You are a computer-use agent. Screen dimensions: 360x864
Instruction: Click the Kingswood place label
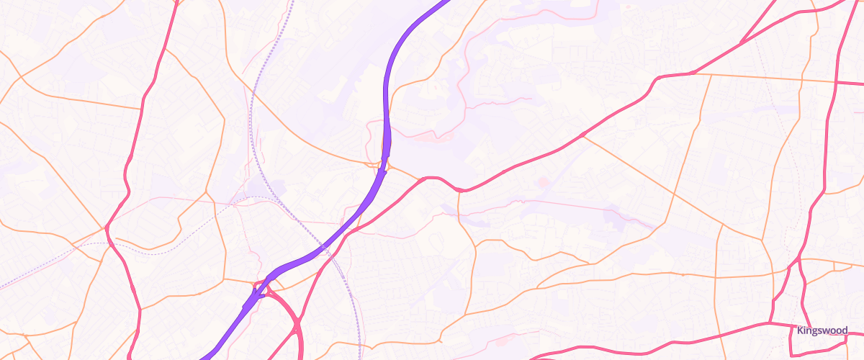point(822,330)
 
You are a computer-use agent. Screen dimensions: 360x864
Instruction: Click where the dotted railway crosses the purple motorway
point(324,248)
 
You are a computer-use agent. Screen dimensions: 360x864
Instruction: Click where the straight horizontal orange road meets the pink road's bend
point(693,73)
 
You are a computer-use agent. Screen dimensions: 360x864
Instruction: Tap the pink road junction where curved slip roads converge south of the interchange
point(297,328)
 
